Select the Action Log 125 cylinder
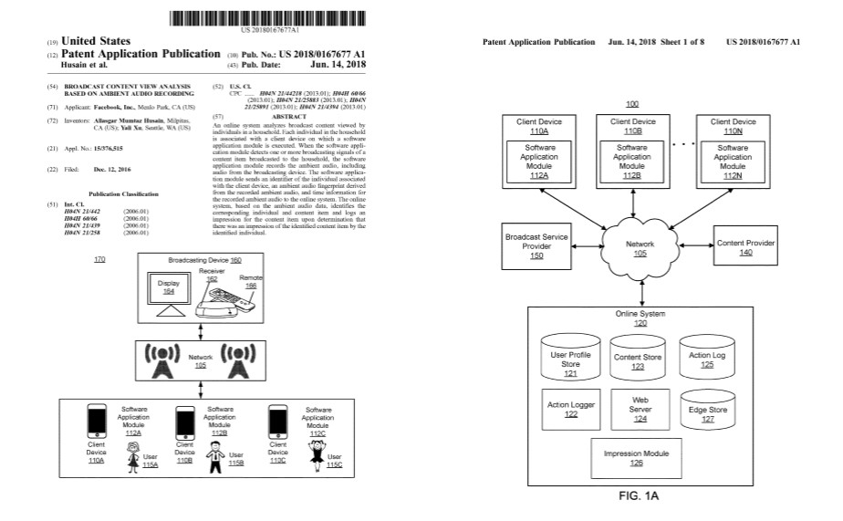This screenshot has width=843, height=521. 708,356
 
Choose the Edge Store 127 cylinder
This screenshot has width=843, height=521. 708,410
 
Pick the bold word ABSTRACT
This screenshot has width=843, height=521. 288,117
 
